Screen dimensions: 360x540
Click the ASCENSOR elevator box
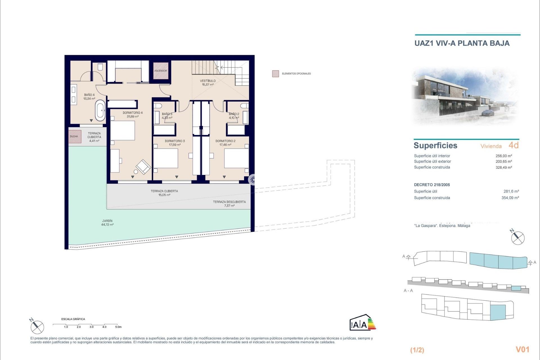coord(161,71)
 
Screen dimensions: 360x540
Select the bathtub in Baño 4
coord(100,111)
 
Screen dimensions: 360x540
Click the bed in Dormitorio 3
coord(166,158)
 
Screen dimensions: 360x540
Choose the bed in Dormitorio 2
coord(236,158)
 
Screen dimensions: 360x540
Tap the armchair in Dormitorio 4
coord(143,166)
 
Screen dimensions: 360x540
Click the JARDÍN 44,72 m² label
coord(107,223)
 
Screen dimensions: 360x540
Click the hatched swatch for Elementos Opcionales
coord(275,74)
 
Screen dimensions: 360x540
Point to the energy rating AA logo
coord(363,323)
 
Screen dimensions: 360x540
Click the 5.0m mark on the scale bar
coord(118,327)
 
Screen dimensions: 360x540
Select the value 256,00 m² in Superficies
coord(504,156)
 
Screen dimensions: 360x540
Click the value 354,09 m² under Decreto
coord(510,198)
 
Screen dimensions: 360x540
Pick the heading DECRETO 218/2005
coord(432,185)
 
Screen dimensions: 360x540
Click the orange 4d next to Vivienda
coord(514,145)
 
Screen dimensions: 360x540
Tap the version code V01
coord(522,349)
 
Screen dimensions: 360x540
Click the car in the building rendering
coord(488,113)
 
